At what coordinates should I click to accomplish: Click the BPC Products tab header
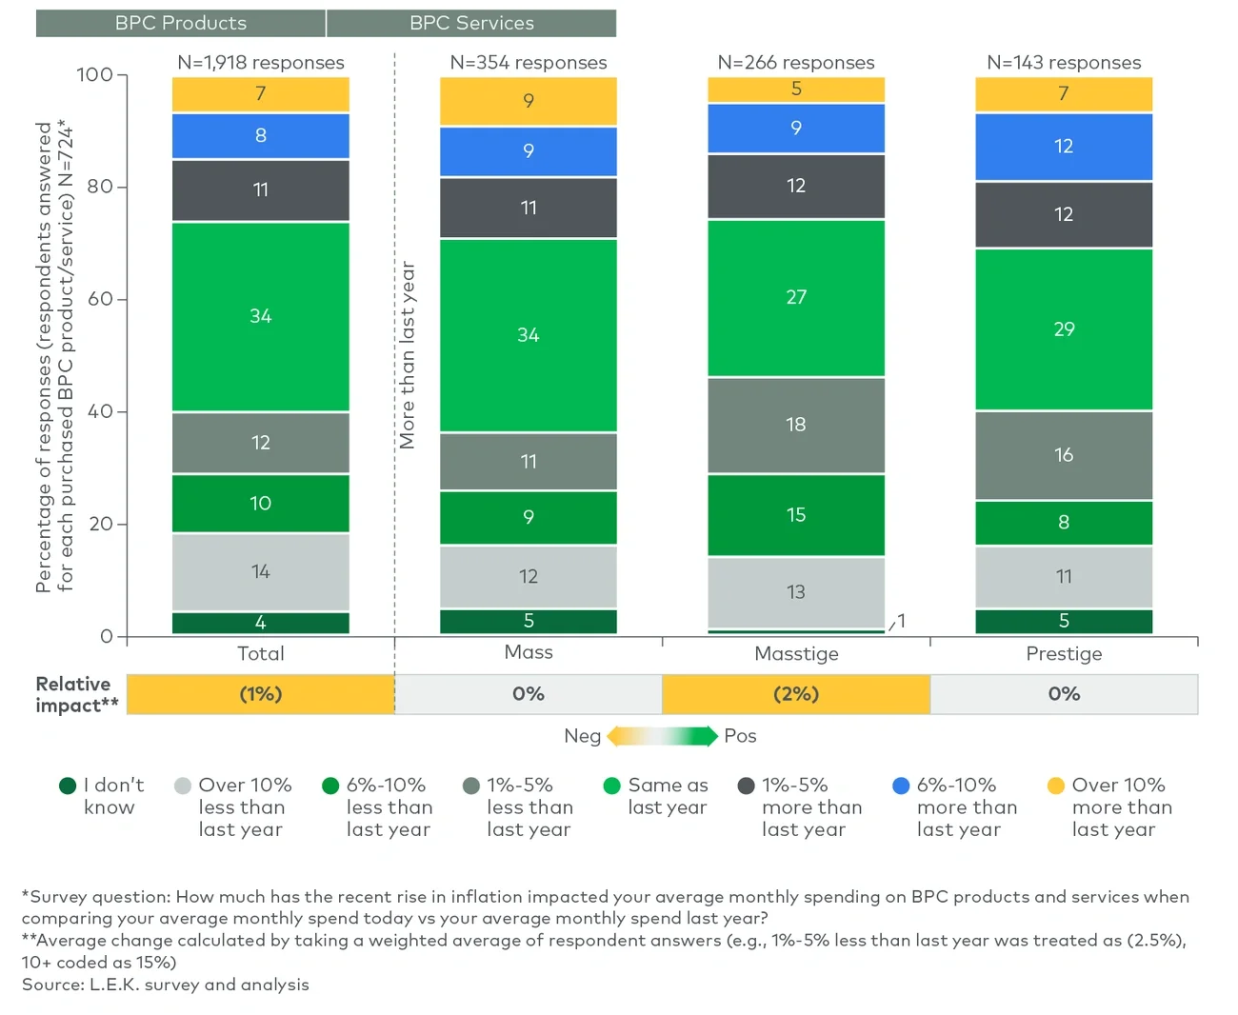pyautogui.click(x=181, y=23)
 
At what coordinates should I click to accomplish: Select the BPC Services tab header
pyautogui.click(x=471, y=23)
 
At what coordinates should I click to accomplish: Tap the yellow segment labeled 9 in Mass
pyautogui.click(x=529, y=101)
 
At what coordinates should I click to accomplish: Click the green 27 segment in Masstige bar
pyautogui.click(x=796, y=297)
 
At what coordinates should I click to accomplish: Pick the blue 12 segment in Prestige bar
pyautogui.click(x=1064, y=147)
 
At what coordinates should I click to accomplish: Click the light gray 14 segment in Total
pyautogui.click(x=261, y=572)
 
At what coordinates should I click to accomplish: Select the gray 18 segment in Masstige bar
pyautogui.click(x=796, y=425)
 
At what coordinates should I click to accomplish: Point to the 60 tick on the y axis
pyautogui.click(x=101, y=299)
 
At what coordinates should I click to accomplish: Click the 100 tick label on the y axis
pyautogui.click(x=94, y=74)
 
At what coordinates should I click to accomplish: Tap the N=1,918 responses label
pyautogui.click(x=261, y=63)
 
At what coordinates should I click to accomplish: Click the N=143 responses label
pyautogui.click(x=1064, y=63)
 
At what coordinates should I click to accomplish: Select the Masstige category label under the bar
pyautogui.click(x=796, y=654)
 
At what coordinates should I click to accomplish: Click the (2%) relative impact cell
pyautogui.click(x=796, y=694)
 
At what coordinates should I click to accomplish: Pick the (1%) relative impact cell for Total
pyautogui.click(x=261, y=694)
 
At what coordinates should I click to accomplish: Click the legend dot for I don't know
pyautogui.click(x=68, y=786)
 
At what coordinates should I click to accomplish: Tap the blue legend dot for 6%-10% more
pyautogui.click(x=901, y=786)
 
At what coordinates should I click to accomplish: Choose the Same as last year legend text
pyautogui.click(x=668, y=796)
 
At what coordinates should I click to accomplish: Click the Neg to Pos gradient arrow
pyautogui.click(x=662, y=736)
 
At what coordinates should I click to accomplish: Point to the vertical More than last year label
pyautogui.click(x=408, y=354)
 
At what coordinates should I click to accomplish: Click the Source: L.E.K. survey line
pyautogui.click(x=166, y=985)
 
